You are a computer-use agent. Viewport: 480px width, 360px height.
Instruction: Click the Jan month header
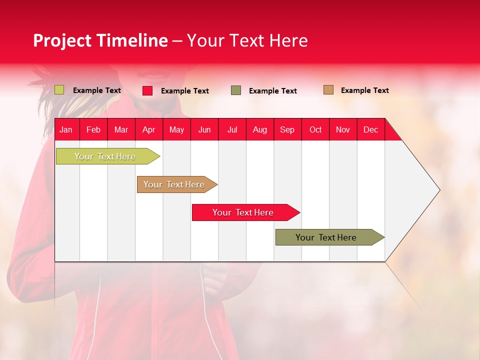66,129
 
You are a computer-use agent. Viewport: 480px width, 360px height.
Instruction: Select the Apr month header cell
149,129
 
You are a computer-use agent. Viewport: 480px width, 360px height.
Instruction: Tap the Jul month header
232,129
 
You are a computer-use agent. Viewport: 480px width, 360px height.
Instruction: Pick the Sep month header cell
287,129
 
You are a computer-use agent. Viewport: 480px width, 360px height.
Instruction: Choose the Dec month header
370,129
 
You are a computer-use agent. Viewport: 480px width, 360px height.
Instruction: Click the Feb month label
93,129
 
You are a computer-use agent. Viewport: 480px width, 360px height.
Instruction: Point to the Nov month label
343,129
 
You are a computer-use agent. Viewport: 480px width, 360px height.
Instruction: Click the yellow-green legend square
59,90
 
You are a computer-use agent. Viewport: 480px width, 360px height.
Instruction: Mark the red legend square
147,90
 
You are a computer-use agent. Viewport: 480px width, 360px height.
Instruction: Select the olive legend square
236,90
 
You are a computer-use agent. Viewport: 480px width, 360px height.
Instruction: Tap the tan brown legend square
328,90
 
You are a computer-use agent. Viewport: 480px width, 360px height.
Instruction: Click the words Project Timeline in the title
100,40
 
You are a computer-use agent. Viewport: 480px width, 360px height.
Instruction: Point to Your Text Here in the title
247,40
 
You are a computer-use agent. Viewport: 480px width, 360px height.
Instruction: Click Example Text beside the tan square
364,90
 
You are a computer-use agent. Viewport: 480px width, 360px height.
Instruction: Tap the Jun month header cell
204,129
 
